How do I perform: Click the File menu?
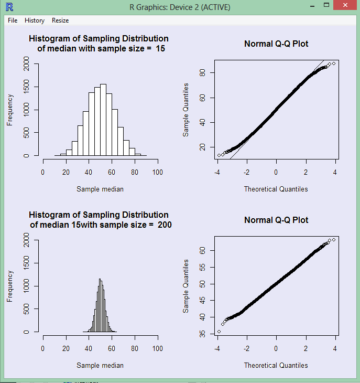13,20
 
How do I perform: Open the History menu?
35,20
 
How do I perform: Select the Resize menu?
60,20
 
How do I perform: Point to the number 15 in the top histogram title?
161,49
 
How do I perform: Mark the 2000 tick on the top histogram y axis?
27,64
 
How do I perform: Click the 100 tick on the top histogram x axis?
157,172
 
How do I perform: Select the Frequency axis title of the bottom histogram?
9,286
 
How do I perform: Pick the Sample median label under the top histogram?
100,189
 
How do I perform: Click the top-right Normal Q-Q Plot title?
276,44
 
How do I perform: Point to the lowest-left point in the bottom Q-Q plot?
219,332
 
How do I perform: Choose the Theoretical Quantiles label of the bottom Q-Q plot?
276,365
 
